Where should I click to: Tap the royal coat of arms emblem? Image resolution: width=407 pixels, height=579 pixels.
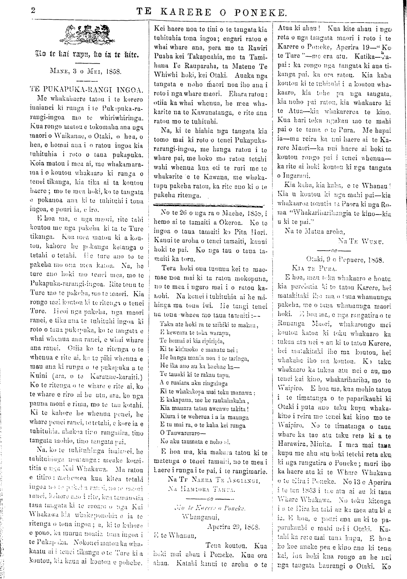pyautogui.click(x=85, y=35)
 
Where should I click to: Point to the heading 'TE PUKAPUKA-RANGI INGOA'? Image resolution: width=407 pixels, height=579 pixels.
pyautogui.click(x=85, y=88)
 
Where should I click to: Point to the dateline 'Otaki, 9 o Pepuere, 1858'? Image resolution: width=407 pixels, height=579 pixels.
pyautogui.click(x=345, y=258)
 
